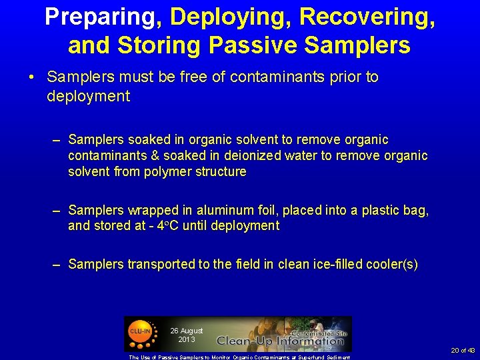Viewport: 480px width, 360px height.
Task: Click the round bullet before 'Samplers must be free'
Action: coord(32,77)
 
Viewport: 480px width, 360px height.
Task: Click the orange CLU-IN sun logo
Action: coord(139,333)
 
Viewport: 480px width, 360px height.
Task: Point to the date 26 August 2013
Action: coord(187,335)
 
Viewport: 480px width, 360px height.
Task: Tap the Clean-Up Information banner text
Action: coord(280,341)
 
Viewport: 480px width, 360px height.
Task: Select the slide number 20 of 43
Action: coord(463,351)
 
